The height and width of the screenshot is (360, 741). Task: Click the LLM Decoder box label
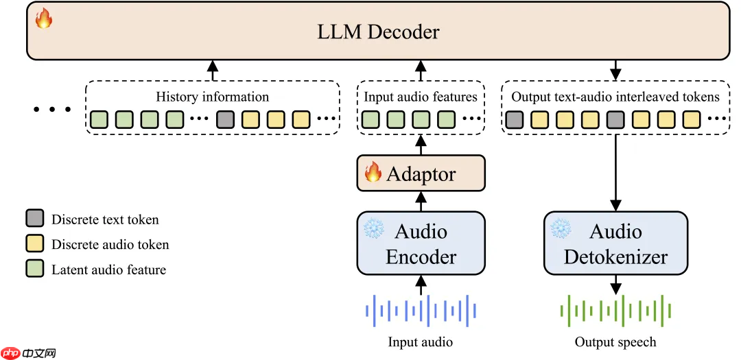click(379, 32)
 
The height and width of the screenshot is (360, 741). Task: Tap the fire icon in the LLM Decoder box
click(44, 19)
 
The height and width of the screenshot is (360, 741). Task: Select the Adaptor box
click(421, 173)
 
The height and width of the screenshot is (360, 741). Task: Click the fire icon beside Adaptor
click(373, 172)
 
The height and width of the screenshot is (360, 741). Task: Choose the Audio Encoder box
click(421, 243)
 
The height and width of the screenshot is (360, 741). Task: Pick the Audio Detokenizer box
click(615, 243)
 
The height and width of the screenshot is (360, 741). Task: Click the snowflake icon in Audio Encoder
click(374, 229)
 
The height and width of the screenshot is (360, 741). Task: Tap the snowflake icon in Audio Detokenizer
click(561, 229)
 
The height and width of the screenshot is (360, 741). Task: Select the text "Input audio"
click(421, 341)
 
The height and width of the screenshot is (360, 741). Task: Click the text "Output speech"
click(615, 341)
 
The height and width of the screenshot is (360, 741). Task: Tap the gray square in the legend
click(35, 219)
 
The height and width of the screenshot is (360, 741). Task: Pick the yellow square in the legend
click(35, 244)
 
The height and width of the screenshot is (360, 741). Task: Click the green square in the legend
click(35, 269)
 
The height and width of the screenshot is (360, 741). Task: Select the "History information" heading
click(213, 97)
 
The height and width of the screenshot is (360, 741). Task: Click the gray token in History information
click(225, 120)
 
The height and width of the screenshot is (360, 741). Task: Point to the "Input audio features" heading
click(421, 97)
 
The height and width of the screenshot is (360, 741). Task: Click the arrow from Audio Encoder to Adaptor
click(421, 201)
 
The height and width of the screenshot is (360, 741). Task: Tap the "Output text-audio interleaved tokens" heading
click(615, 97)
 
